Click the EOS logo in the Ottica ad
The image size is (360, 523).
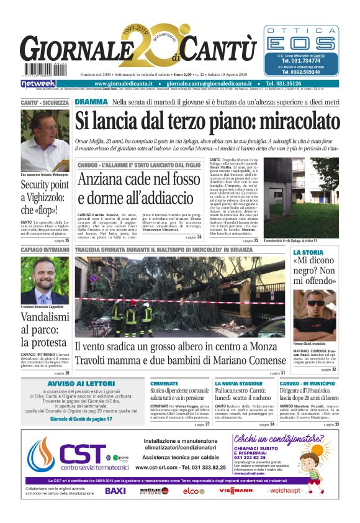[x=304, y=42]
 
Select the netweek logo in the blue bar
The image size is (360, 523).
[x=38, y=83]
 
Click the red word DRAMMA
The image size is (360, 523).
[x=91, y=102]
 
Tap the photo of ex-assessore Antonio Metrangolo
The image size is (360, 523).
[x=45, y=142]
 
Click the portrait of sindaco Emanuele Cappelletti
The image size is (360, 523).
[x=45, y=280]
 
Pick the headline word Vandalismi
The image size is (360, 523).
[x=45, y=317]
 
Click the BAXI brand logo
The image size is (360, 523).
[x=115, y=491]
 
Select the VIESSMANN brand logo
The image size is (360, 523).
[x=236, y=491]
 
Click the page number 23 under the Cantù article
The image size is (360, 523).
[x=256, y=240]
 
